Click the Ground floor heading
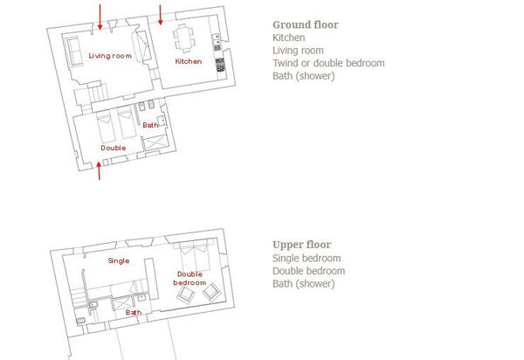pos(305,25)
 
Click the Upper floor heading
pos(301,246)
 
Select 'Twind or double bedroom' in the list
pos(327,63)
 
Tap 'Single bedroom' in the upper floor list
pos(306,259)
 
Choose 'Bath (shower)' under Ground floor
pos(303,76)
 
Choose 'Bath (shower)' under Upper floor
pos(303,284)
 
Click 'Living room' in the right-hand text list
pos(298,51)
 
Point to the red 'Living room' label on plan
pos(110,56)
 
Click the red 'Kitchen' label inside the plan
pos(189,62)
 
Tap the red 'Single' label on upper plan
pos(118,260)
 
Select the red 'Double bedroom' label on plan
pos(190,279)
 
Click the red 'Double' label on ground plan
pos(114,148)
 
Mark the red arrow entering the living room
pos(100,15)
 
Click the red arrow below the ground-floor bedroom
pos(100,172)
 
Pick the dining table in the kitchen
pos(183,38)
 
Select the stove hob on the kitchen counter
pos(219,63)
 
